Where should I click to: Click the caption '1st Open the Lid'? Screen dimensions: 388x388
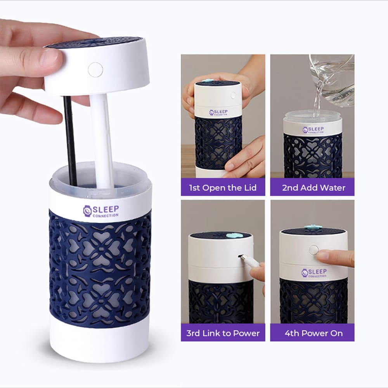[x=223, y=187]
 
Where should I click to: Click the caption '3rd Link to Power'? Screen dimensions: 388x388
[x=223, y=333]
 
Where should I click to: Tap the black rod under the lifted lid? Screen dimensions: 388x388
[x=70, y=140]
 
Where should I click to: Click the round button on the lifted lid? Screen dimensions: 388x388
[x=95, y=69]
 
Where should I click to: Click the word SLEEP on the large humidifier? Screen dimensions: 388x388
[x=106, y=209]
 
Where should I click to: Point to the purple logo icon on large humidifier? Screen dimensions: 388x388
[x=87, y=211]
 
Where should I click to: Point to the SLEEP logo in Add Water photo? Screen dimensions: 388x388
[x=313, y=130]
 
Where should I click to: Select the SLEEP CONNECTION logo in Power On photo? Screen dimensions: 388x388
[x=314, y=273]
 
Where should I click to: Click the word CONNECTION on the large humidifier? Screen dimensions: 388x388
[x=106, y=216]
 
